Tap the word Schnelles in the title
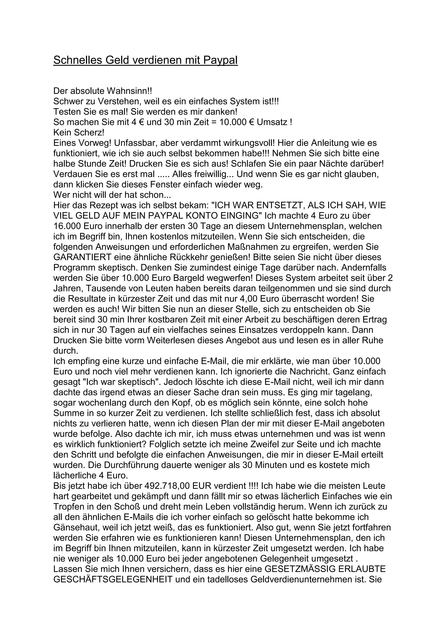pos(72,60)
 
